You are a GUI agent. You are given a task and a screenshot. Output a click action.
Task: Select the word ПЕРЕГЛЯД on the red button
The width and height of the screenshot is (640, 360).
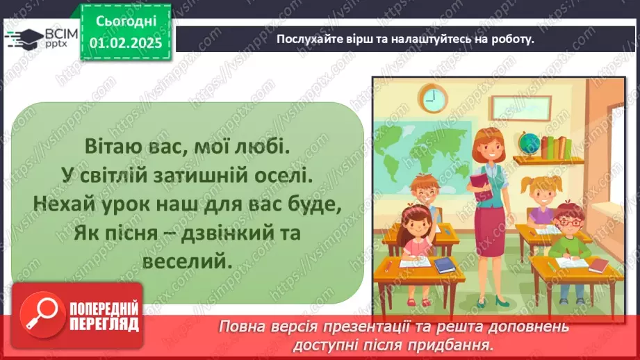[x=104, y=325]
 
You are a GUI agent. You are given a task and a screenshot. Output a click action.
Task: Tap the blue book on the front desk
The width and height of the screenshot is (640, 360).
[x=444, y=265]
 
